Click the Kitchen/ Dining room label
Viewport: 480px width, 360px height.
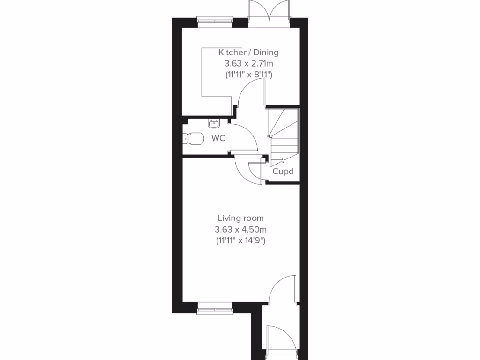pos(248,52)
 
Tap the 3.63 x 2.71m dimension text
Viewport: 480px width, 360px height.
pos(248,63)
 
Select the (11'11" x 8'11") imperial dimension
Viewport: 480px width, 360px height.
pos(248,74)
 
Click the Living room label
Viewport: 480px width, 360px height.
pos(240,218)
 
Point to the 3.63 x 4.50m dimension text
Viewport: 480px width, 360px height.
pos(240,229)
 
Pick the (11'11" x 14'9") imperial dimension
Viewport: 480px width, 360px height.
pos(240,240)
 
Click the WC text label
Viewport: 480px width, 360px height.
pos(219,139)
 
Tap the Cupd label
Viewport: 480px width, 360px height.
pos(283,172)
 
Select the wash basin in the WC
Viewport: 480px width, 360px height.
pos(214,124)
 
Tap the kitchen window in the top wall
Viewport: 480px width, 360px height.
pos(215,20)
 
